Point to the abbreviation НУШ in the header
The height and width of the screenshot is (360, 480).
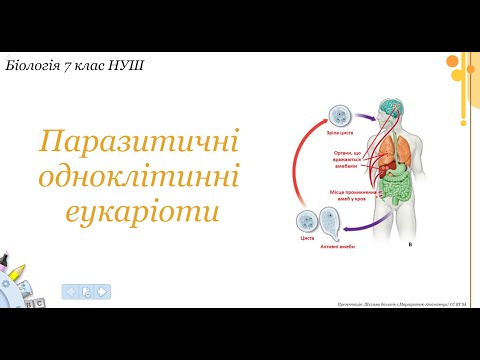(127, 66)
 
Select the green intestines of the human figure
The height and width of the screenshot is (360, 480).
(399, 191)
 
